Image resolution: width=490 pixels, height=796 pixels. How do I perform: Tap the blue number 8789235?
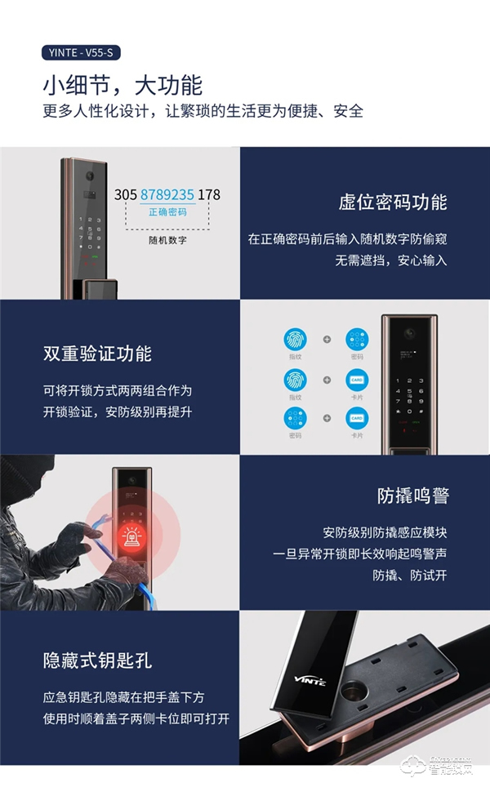(x=167, y=195)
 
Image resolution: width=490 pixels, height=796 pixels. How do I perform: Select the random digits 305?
(x=126, y=195)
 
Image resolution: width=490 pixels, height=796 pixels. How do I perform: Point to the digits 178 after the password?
(x=209, y=195)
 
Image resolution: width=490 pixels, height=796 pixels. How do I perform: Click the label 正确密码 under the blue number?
(x=167, y=212)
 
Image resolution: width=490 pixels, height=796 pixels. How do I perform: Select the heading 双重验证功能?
(x=97, y=354)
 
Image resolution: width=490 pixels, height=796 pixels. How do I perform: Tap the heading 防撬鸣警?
(x=412, y=496)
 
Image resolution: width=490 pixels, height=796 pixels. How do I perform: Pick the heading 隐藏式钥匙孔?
(x=97, y=660)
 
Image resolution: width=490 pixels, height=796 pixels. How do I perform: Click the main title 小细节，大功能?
(x=122, y=85)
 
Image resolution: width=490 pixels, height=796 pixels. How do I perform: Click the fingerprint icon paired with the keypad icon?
(x=295, y=340)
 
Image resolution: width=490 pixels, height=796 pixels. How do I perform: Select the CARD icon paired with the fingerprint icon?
(x=356, y=380)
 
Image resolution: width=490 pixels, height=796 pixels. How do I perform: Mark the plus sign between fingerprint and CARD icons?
(x=326, y=380)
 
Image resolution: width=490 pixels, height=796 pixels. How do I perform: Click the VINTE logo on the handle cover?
(x=310, y=678)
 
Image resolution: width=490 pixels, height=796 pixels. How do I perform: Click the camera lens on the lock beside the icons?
(x=411, y=334)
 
